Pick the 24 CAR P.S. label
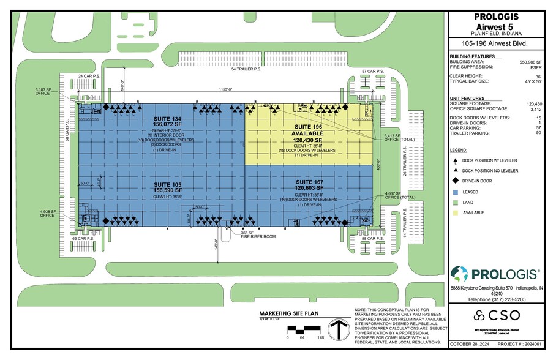click(90, 77)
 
